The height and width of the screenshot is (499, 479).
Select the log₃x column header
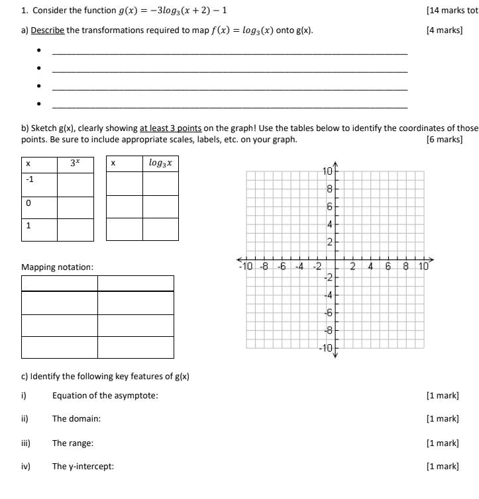pyautogui.click(x=160, y=163)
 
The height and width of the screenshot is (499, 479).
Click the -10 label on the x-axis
pyautogui.click(x=244, y=267)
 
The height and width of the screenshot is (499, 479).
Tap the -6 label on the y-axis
pyautogui.click(x=327, y=312)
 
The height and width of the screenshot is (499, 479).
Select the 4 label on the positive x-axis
pyautogui.click(x=371, y=267)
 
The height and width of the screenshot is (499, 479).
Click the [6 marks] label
pyautogui.click(x=445, y=139)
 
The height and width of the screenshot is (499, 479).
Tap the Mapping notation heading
pyautogui.click(x=58, y=267)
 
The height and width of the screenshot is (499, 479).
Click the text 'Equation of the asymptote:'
pyautogui.click(x=105, y=395)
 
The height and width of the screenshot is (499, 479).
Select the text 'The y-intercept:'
pyautogui.click(x=83, y=467)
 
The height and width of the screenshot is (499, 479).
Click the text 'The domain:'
pyautogui.click(x=76, y=419)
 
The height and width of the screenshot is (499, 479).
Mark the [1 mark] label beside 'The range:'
pyautogui.click(x=443, y=443)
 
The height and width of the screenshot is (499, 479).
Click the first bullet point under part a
pyautogui.click(x=39, y=54)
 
